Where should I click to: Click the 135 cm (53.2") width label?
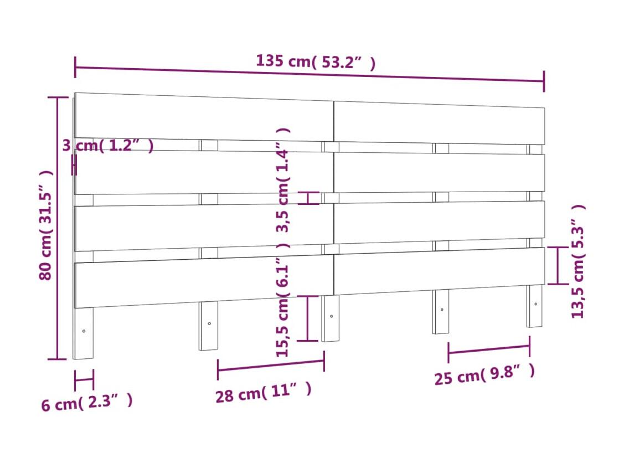(x=315, y=61)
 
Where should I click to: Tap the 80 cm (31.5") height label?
(x=46, y=225)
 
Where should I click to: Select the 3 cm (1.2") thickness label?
(x=108, y=146)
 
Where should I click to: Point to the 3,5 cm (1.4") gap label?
(x=283, y=180)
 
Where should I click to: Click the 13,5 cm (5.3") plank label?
(x=578, y=261)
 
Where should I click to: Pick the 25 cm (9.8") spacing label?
(x=484, y=374)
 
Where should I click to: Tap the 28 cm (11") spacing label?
(x=264, y=393)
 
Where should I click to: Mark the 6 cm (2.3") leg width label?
(x=87, y=403)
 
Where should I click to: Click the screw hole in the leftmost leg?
(x=84, y=331)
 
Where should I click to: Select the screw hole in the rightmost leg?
(x=535, y=304)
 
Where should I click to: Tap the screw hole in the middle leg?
(x=332, y=316)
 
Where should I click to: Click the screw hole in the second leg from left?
(x=209, y=323)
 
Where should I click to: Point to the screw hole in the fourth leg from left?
(x=442, y=310)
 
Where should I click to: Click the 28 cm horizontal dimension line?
(x=271, y=366)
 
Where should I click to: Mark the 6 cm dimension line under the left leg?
(x=84, y=379)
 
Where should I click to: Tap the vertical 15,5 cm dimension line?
(x=308, y=318)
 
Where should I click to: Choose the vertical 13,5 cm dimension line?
(x=558, y=265)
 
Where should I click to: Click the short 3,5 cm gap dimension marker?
(x=308, y=198)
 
